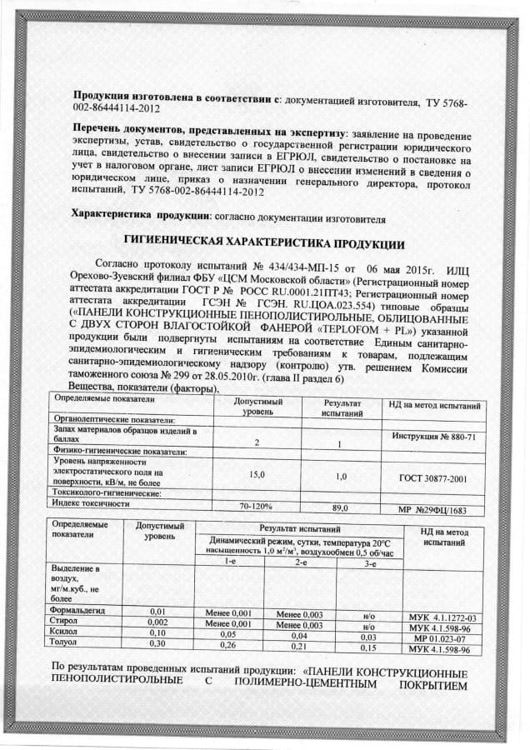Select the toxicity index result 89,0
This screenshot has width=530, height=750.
(339, 507)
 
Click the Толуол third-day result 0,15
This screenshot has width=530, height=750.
(367, 647)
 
